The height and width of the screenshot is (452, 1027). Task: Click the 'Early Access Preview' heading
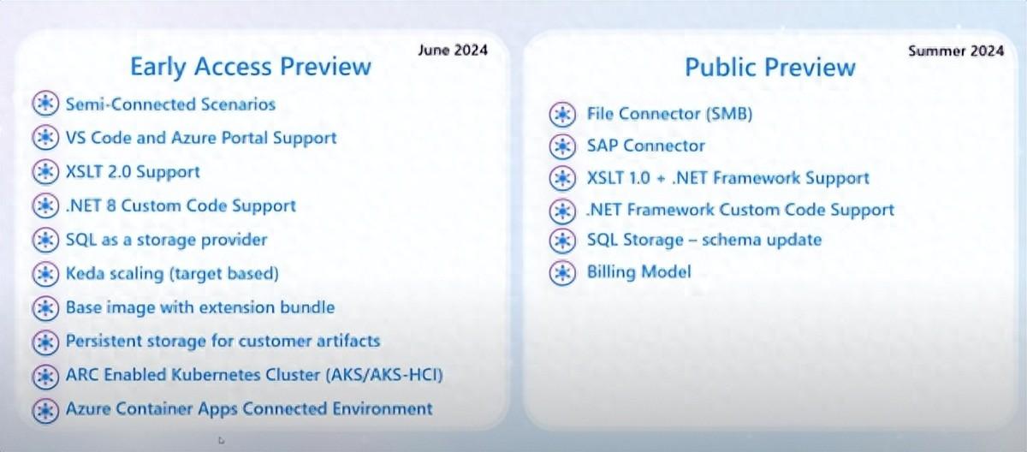(250, 67)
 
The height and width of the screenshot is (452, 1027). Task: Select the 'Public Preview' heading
(770, 68)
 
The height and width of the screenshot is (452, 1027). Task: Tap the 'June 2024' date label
(453, 50)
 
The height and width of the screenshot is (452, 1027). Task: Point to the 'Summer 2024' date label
(956, 51)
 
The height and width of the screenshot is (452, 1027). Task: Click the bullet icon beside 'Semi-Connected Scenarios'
(45, 104)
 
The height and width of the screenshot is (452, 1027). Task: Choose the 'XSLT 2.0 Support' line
(133, 172)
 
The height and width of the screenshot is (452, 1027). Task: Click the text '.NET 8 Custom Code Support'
(181, 205)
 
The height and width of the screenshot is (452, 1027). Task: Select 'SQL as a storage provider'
(166, 240)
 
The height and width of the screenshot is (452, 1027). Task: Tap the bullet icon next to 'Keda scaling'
(45, 274)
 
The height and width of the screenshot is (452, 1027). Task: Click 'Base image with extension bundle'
(200, 307)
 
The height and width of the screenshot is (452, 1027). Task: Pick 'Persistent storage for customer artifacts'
(223, 341)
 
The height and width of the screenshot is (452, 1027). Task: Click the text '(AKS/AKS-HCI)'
(384, 375)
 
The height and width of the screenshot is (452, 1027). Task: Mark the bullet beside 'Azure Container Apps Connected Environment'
(45, 409)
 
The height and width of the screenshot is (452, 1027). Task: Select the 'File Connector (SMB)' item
(670, 114)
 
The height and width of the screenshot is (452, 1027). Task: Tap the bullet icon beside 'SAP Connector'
(562, 146)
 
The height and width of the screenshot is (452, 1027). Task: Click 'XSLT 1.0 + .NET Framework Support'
(728, 178)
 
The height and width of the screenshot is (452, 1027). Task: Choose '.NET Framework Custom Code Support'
(740, 210)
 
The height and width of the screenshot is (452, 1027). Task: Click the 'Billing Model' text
(639, 272)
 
